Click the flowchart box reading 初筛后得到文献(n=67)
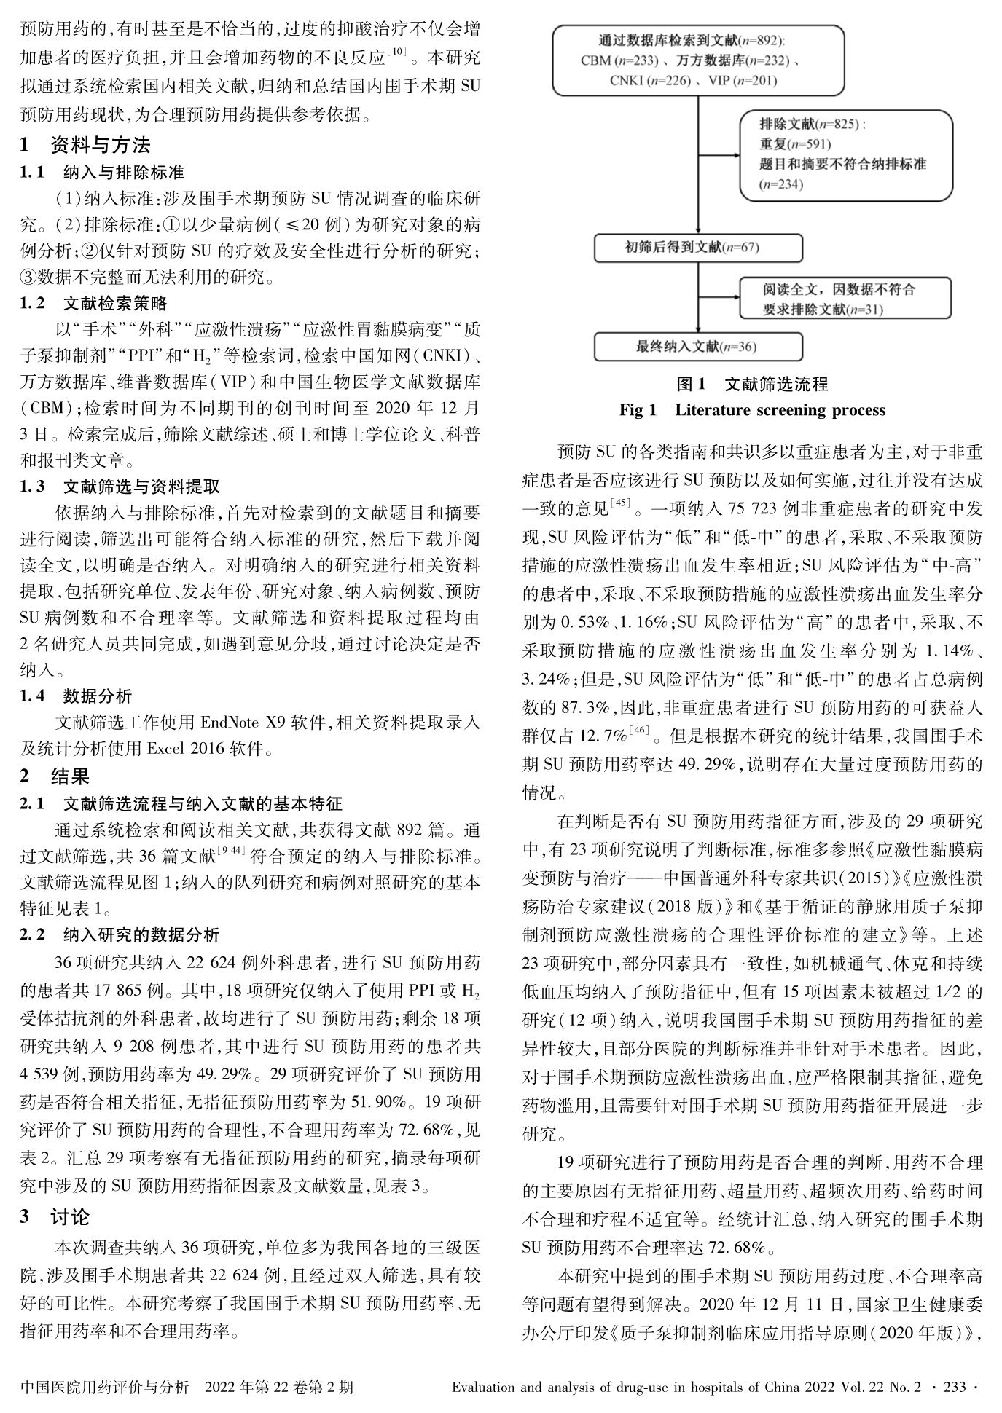tap(698, 248)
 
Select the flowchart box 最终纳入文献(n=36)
tap(698, 347)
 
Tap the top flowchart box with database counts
tap(698, 61)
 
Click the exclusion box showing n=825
tap(845, 154)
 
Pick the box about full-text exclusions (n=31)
tap(845, 299)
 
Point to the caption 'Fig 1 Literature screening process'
tap(752, 410)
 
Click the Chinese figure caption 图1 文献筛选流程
tap(752, 384)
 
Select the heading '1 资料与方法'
tap(85, 145)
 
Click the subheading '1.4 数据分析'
tap(76, 696)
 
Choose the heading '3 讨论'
tap(55, 1217)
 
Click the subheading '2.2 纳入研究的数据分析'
tap(120, 934)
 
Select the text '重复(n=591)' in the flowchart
tap(795, 144)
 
